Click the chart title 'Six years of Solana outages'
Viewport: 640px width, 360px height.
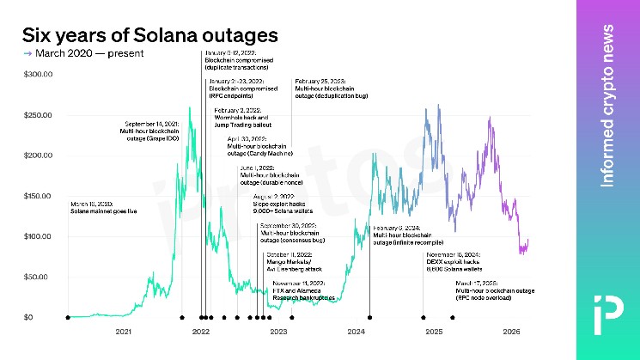[x=149, y=35]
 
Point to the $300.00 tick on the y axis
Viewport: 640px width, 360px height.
[x=39, y=75]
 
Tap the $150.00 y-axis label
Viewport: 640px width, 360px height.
[x=39, y=196]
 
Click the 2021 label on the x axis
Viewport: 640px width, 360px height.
[x=124, y=332]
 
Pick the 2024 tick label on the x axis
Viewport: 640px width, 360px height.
[x=357, y=332]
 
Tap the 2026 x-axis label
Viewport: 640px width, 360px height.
[x=511, y=332]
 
